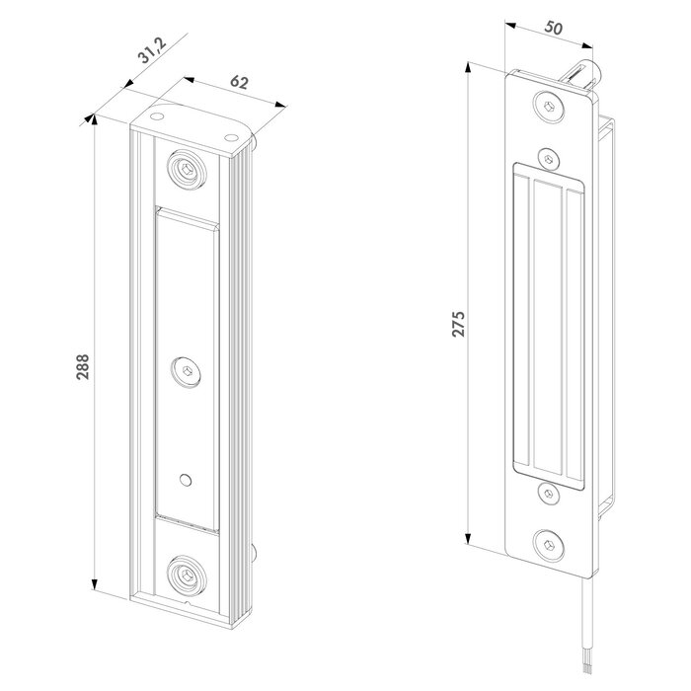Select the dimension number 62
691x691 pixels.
click(238, 83)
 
